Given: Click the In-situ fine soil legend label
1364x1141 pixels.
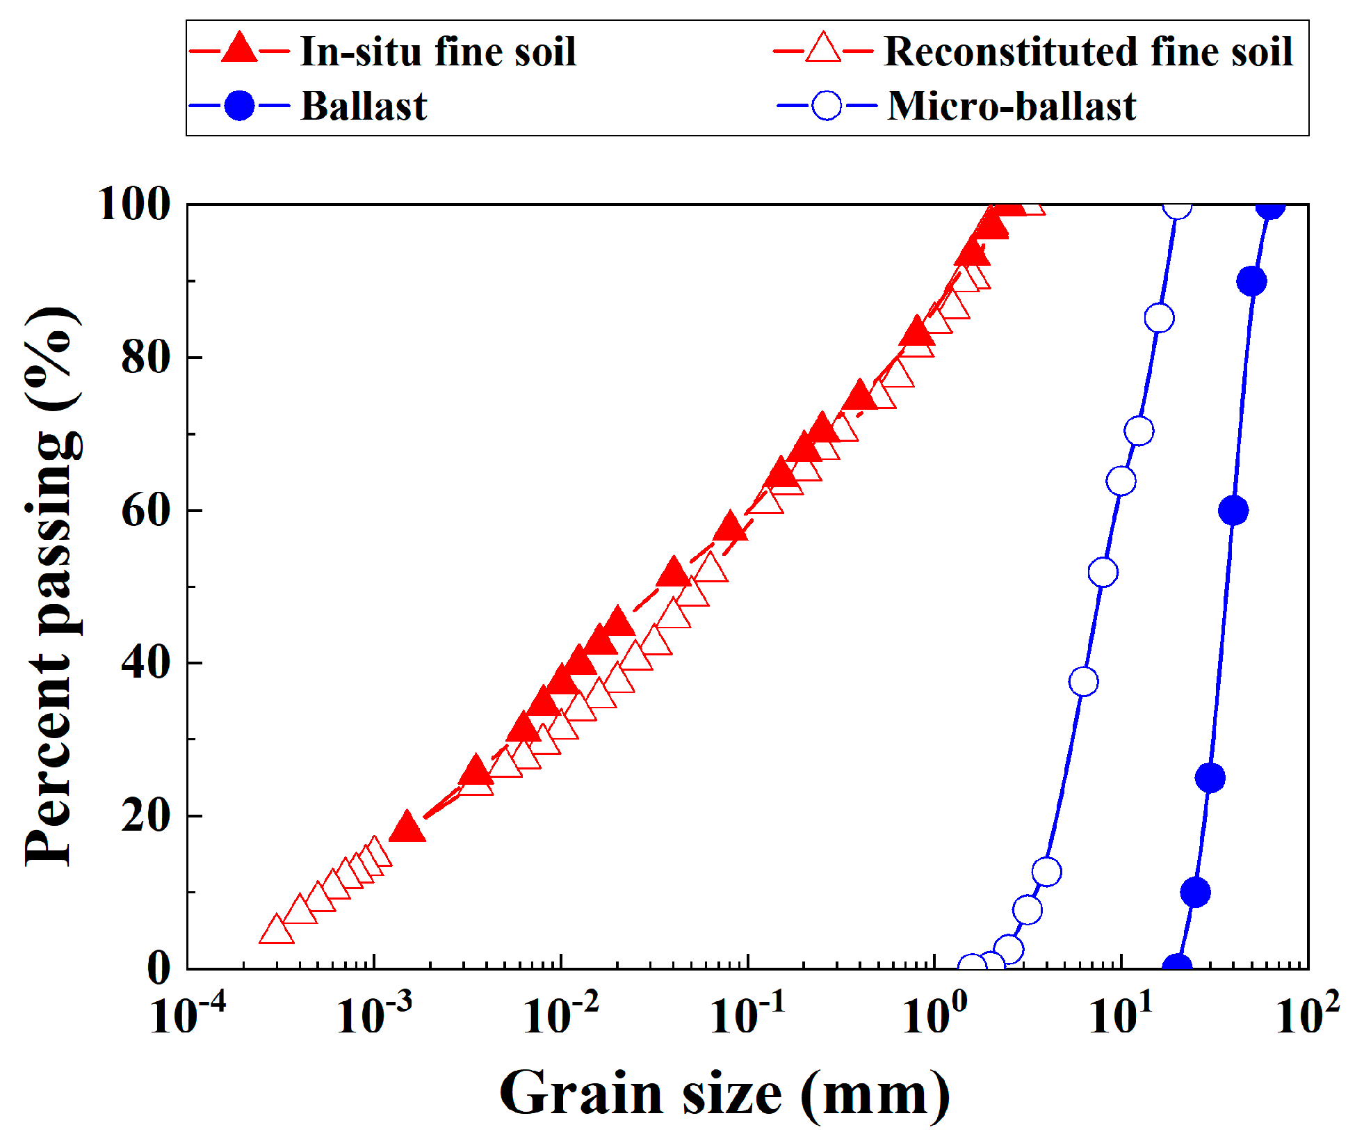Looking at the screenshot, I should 438,51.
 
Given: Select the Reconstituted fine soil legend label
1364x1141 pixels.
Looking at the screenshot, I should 1088,51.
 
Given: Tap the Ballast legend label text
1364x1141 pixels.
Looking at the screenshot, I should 364,106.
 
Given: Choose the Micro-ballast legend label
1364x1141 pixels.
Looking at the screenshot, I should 1012,106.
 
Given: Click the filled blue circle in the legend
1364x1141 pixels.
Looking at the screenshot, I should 239,106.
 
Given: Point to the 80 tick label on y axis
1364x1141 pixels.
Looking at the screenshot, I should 145,358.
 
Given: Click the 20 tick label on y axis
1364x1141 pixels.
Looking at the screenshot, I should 145,815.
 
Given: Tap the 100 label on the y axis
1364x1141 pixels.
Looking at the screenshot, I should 135,205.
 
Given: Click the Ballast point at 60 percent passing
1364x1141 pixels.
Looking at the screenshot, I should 1233,511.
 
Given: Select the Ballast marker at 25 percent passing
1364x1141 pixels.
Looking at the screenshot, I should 1210,778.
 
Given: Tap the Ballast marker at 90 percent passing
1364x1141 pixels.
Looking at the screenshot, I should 1251,281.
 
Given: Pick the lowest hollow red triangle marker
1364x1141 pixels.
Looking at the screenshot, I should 276,931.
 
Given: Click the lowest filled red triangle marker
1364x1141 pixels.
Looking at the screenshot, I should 407,828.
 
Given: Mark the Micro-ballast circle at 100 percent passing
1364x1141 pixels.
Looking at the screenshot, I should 1176,206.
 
